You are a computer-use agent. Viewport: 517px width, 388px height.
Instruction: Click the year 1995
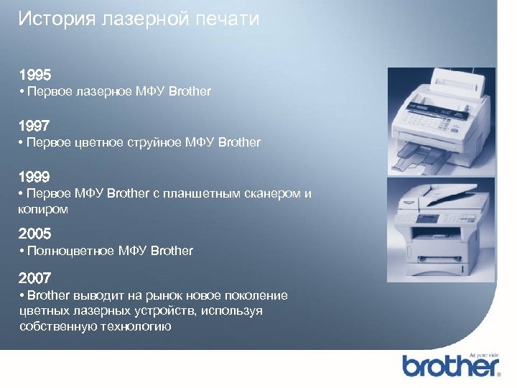35,75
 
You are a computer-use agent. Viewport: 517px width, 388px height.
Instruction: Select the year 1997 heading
35,126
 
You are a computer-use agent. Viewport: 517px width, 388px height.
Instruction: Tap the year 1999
35,177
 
